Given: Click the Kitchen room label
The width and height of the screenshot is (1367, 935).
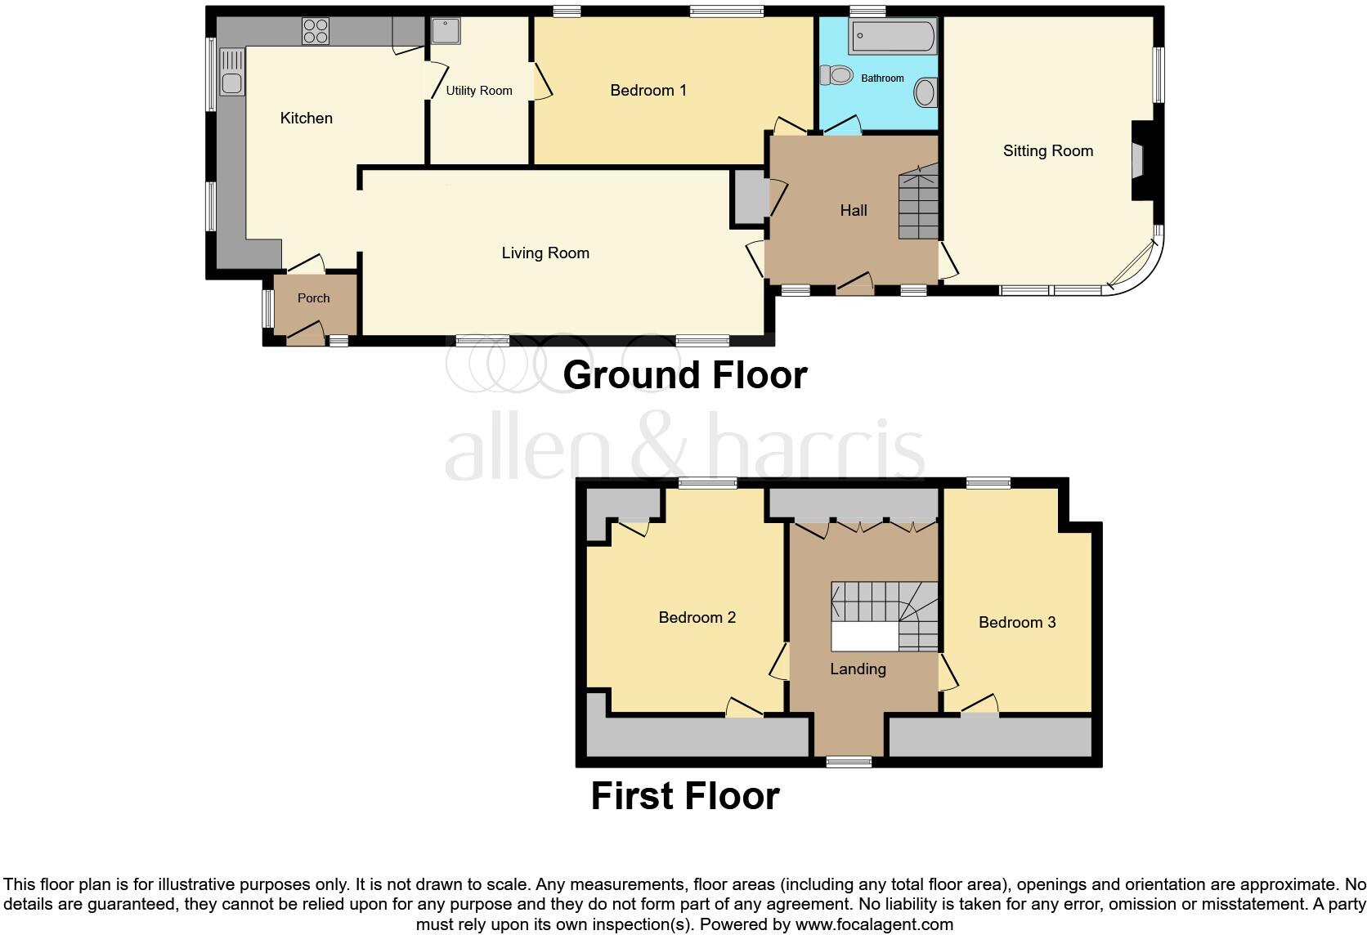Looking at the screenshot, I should (306, 119).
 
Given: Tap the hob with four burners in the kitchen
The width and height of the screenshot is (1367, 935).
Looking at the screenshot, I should (316, 31).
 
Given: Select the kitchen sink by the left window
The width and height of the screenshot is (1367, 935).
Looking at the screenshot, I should (231, 72).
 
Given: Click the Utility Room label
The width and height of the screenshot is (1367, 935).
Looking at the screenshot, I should (478, 91).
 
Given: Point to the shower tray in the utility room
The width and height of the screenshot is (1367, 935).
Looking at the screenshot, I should (446, 31).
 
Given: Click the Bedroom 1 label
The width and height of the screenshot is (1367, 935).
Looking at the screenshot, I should (648, 91).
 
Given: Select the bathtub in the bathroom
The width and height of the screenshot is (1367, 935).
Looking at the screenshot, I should (892, 36).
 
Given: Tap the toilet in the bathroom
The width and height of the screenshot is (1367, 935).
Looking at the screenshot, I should (836, 76).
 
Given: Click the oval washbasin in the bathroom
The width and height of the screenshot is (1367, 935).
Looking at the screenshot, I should (925, 92).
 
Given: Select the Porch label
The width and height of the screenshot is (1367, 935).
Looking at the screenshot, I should (313, 298).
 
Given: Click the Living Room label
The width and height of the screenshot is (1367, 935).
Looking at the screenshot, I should (545, 253).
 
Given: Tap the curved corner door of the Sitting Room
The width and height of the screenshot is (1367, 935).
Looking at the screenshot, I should (1135, 266).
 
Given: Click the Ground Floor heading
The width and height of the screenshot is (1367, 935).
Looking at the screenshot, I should (684, 375).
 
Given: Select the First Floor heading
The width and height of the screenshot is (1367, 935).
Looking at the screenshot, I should (684, 796).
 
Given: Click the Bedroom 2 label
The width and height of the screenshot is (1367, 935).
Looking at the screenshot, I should (697, 618).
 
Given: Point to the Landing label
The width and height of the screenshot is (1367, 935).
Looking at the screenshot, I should (858, 669).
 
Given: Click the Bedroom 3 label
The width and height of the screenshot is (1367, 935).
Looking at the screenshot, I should (1016, 623).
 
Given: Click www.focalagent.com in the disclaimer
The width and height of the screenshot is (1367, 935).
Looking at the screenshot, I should (873, 925).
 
